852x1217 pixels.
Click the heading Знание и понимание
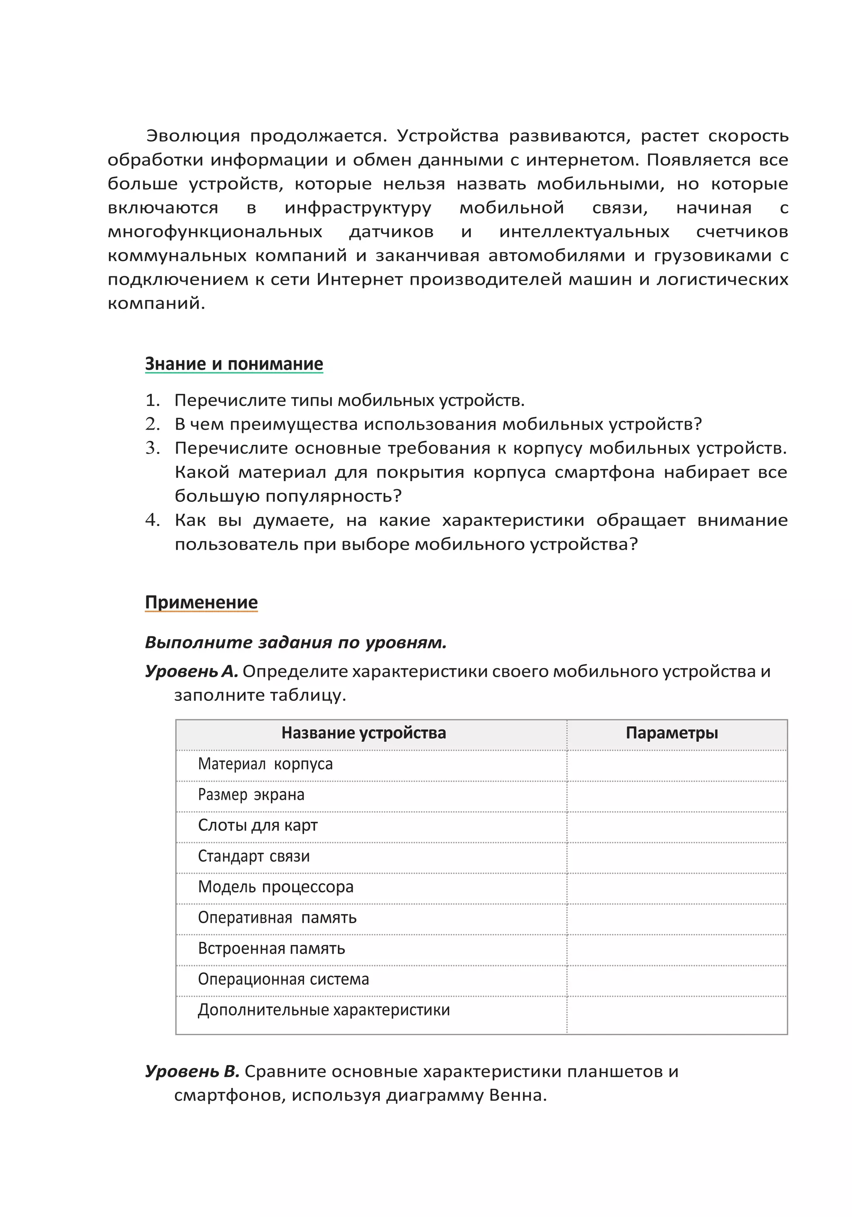click(x=234, y=364)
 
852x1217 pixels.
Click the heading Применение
click(x=201, y=602)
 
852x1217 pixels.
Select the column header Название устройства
click(x=364, y=733)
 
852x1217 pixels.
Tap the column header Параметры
click(x=671, y=733)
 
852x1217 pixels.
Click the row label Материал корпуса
click(x=265, y=764)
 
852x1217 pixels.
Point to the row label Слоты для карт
click(x=258, y=825)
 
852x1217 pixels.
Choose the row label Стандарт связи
click(x=253, y=856)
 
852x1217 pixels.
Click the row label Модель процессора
click(x=275, y=887)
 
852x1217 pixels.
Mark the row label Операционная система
click(x=283, y=979)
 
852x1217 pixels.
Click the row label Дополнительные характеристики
click(x=324, y=1010)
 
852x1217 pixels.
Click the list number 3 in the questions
click(x=152, y=448)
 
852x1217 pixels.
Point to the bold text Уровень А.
click(x=191, y=672)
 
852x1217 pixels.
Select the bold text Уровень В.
click(x=192, y=1071)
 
